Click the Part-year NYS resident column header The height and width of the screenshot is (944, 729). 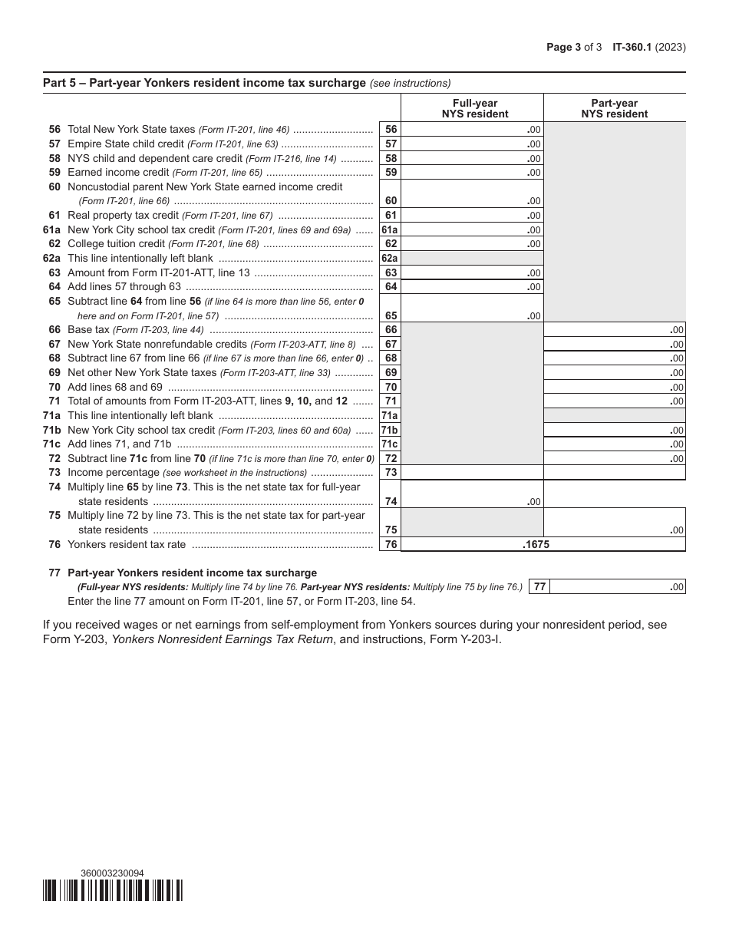click(614, 108)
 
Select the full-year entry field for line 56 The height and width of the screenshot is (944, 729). click(472, 130)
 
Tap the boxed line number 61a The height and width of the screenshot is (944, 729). click(391, 229)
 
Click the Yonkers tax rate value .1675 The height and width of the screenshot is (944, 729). click(536, 544)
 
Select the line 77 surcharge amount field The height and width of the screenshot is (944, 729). click(618, 587)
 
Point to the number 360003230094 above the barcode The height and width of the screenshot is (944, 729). click(112, 873)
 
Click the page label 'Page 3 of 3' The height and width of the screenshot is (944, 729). click(574, 47)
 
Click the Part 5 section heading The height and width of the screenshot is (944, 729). click(204, 83)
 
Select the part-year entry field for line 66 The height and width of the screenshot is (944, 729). click(614, 330)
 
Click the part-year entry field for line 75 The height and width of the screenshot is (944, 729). click(614, 522)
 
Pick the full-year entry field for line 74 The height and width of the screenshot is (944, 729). click(472, 493)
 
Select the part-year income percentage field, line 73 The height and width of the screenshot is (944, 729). click(614, 473)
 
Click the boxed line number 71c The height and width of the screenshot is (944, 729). click(391, 444)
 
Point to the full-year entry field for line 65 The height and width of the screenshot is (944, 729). click(472, 308)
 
